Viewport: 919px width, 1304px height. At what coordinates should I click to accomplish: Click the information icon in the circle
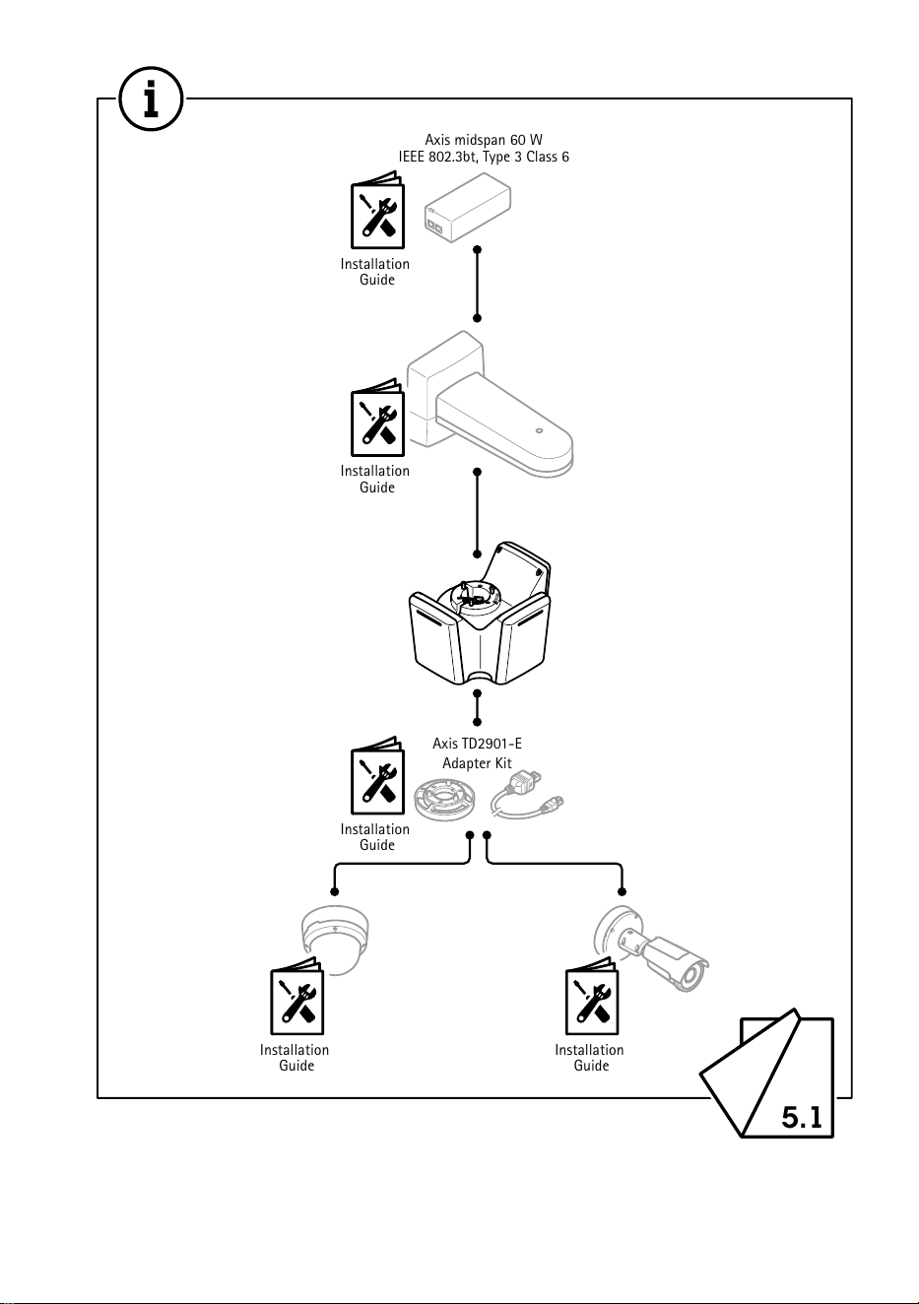(x=151, y=98)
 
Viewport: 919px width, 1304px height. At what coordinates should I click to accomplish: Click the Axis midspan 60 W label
(x=484, y=140)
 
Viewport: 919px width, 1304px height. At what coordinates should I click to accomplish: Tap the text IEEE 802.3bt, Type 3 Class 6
(x=484, y=158)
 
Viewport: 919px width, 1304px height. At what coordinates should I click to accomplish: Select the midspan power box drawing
(x=468, y=207)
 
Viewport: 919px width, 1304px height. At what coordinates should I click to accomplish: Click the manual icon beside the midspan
(x=377, y=210)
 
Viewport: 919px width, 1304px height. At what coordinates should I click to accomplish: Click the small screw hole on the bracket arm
(x=540, y=431)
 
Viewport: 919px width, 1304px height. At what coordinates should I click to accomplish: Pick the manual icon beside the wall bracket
(x=377, y=418)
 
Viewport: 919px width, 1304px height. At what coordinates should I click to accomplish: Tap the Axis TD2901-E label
(x=477, y=744)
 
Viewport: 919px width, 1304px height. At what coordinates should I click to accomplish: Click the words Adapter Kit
(x=477, y=762)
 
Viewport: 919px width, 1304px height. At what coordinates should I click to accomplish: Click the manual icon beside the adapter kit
(x=377, y=775)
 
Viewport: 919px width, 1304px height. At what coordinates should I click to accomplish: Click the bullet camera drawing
(x=651, y=947)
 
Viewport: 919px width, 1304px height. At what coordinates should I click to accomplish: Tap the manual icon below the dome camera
(x=296, y=996)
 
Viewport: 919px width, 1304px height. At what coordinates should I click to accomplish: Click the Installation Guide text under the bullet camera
(x=589, y=1058)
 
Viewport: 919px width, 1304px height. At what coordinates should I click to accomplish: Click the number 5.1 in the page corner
(x=802, y=1117)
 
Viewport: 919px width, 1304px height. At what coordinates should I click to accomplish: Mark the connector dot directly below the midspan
(x=477, y=250)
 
